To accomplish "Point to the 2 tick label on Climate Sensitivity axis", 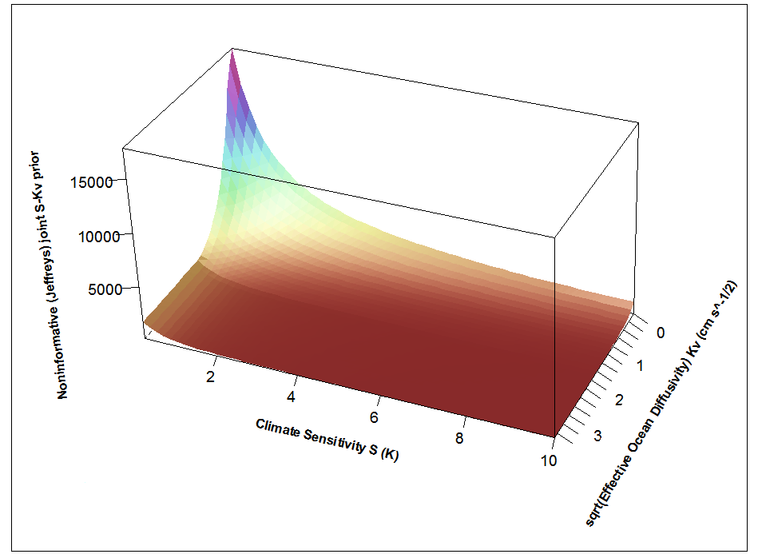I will click(211, 377).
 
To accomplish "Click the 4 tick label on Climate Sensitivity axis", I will click(292, 397).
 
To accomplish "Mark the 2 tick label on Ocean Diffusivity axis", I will click(619, 399).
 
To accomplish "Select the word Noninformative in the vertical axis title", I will click(62, 352).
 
